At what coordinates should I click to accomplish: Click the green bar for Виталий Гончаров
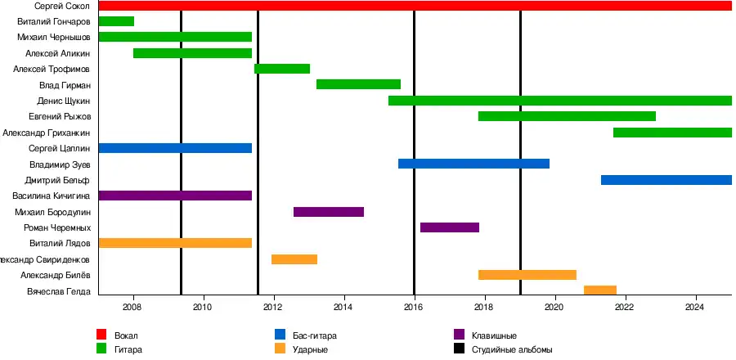click(x=115, y=21)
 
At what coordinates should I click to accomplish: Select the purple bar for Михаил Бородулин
click(x=328, y=212)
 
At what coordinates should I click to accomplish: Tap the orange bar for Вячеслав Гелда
click(x=599, y=290)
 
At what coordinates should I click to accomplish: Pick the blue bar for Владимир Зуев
click(x=473, y=164)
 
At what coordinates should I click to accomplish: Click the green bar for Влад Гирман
click(x=358, y=84)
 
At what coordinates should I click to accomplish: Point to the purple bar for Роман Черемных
click(x=449, y=227)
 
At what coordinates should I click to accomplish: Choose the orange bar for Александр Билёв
click(x=527, y=275)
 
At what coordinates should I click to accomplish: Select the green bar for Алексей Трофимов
click(x=281, y=69)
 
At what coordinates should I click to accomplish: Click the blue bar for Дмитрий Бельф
click(x=666, y=180)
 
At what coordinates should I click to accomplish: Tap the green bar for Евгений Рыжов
click(x=567, y=116)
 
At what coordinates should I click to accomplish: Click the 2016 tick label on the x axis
click(x=414, y=308)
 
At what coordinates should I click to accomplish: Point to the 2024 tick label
click(x=695, y=308)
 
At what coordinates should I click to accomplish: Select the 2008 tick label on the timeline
click(x=132, y=308)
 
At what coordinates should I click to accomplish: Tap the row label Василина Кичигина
click(x=51, y=196)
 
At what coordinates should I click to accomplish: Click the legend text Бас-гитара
click(x=315, y=335)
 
